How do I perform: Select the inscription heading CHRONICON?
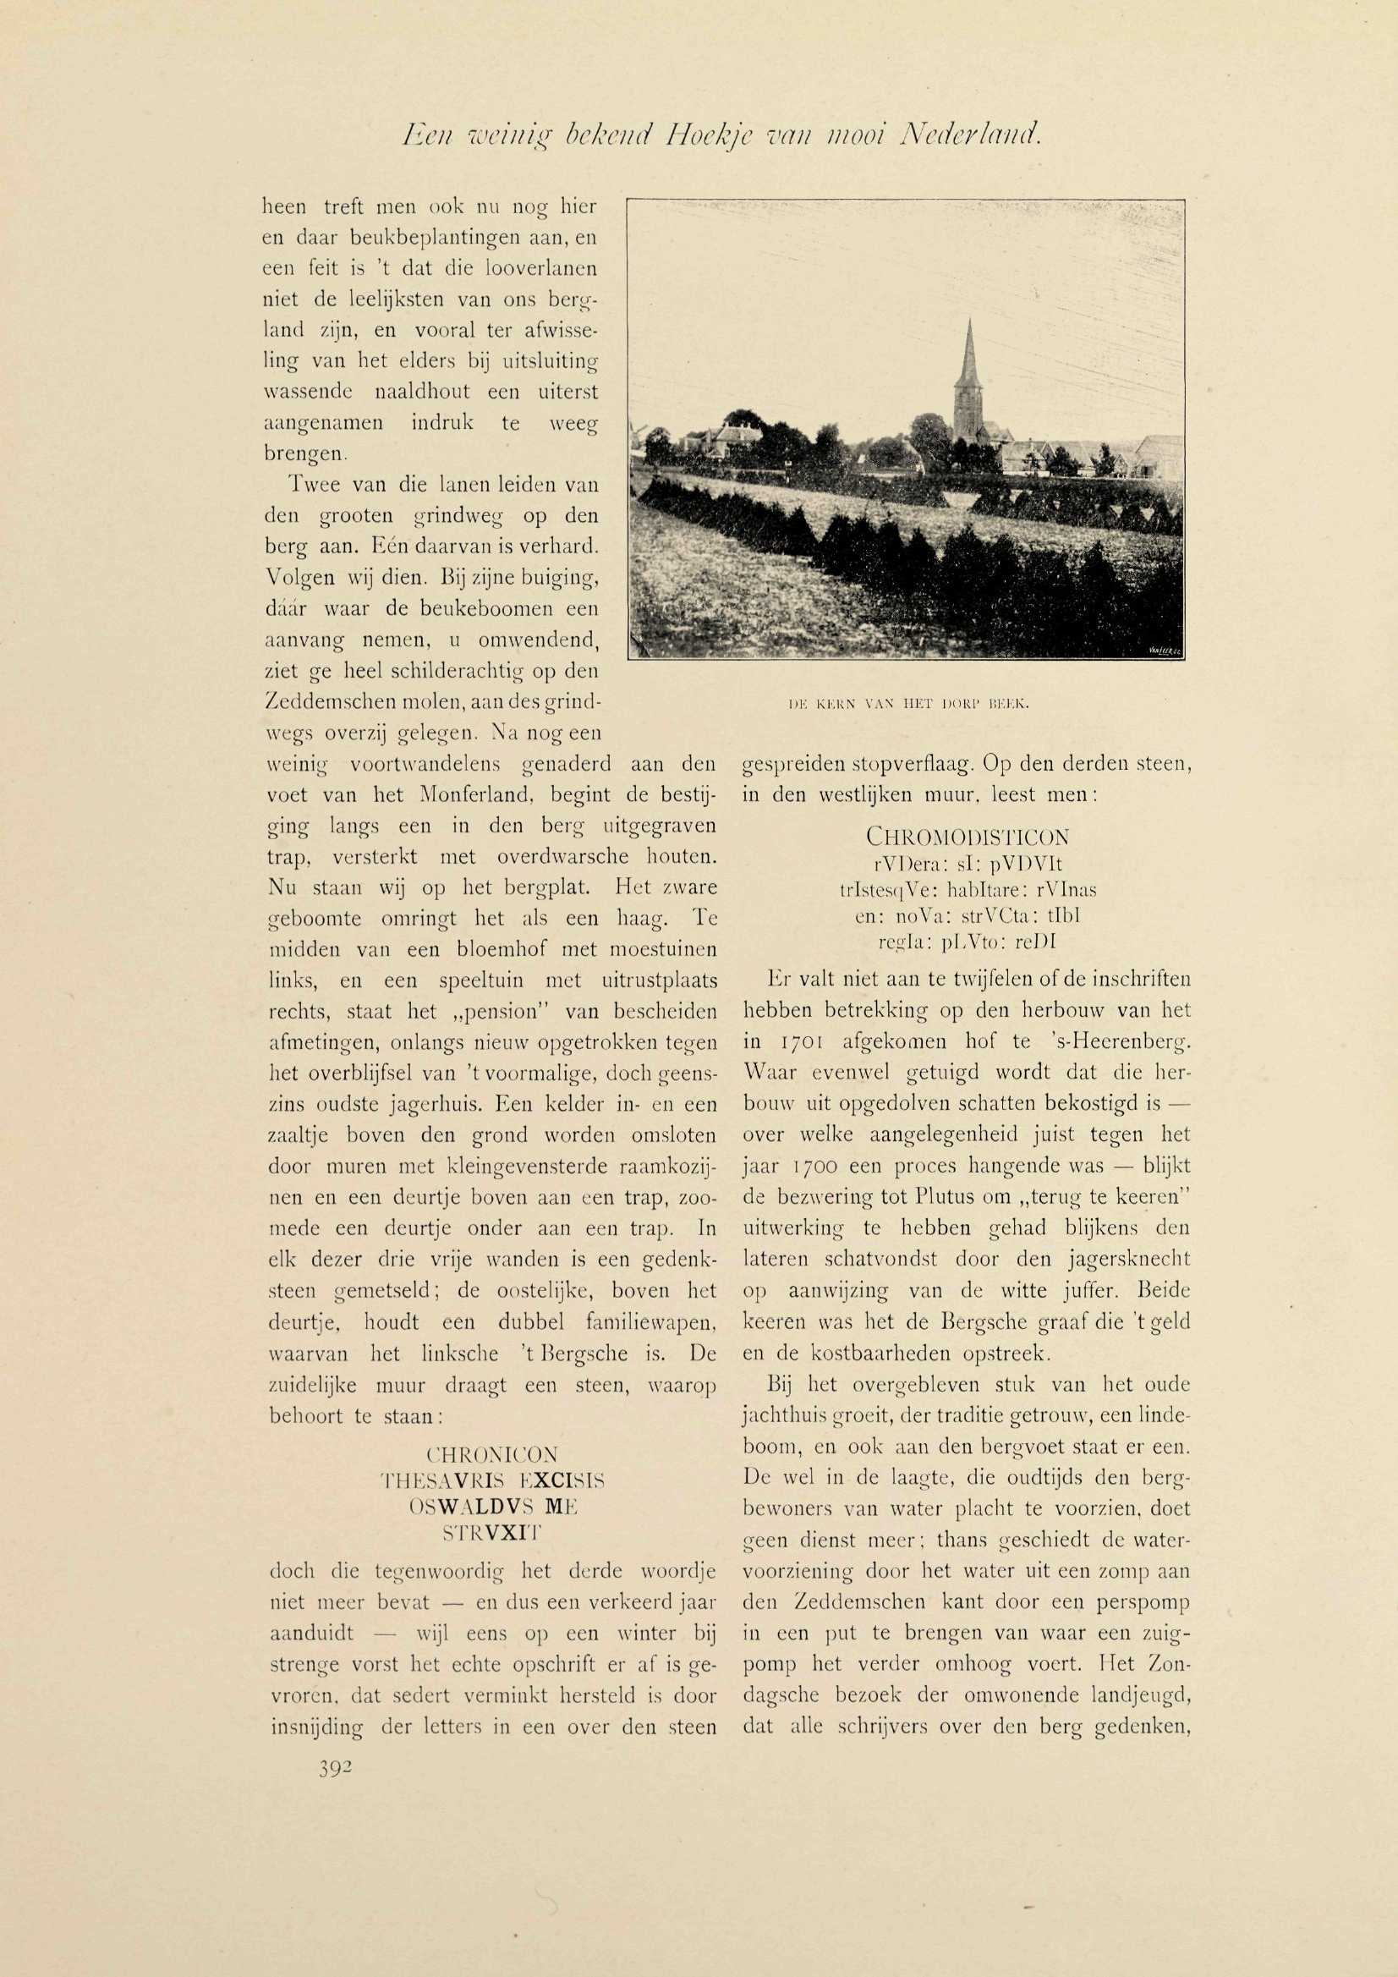tap(493, 1454)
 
